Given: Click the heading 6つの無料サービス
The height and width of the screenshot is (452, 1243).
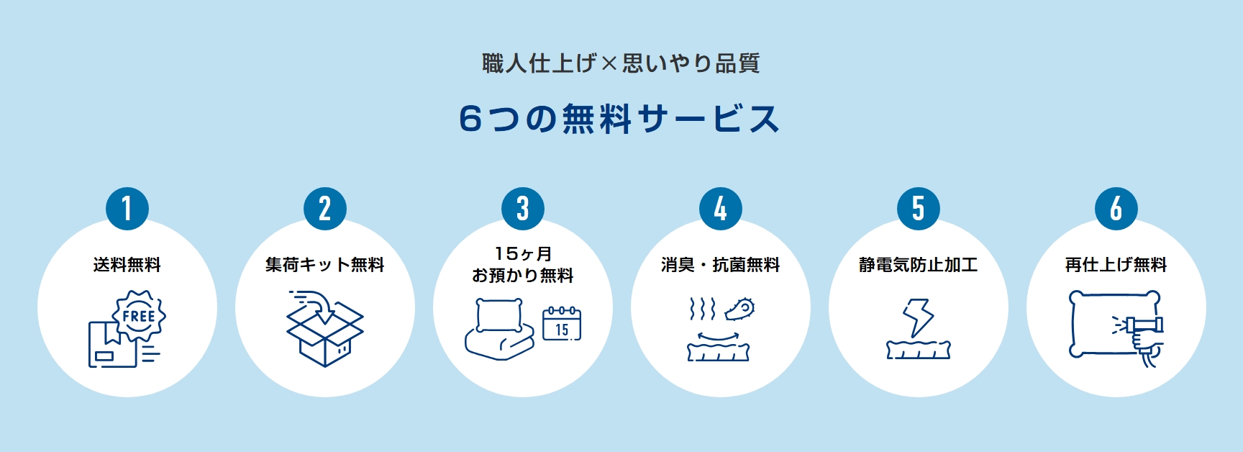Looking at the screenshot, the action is coord(619,119).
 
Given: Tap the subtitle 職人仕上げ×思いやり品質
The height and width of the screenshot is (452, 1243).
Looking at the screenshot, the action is coord(621,63).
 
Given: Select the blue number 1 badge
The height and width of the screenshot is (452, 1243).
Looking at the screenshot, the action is coord(127,209).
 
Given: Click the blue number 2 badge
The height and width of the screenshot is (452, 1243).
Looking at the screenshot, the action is coord(325,209).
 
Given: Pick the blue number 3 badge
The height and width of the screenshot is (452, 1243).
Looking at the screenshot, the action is coord(523,209).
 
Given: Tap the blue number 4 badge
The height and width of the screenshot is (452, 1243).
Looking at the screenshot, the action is coord(721,209).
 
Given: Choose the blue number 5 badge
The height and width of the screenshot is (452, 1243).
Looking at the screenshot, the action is coord(919,209).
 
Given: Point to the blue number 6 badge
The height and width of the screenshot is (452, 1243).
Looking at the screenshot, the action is coord(1116,209).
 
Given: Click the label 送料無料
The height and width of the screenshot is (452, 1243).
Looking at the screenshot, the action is coord(127,265).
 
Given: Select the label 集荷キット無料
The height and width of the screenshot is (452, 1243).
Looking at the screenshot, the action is coord(325,265).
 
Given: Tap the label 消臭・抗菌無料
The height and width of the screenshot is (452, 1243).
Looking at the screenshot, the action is coord(721,265).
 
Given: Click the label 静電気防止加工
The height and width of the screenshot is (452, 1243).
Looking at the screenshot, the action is coord(919,265).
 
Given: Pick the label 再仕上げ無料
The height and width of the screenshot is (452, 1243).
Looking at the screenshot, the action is coord(1116,265).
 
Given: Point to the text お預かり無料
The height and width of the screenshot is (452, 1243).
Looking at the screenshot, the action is coord(523,276).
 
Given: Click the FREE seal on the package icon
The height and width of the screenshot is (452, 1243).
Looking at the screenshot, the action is coord(139,315).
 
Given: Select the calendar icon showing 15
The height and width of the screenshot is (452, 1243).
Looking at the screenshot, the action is coord(562,324).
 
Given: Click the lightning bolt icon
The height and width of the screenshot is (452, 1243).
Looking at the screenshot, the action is coord(918,317).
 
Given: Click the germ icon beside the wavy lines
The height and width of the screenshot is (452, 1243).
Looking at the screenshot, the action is coord(739,309).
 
